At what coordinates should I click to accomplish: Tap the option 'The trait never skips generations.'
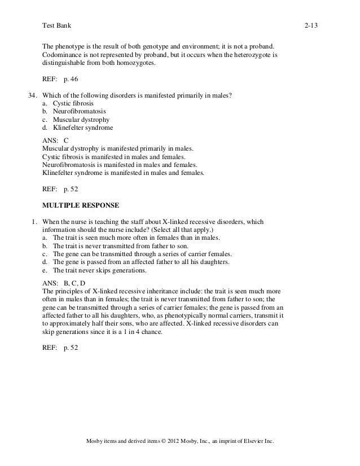99,270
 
